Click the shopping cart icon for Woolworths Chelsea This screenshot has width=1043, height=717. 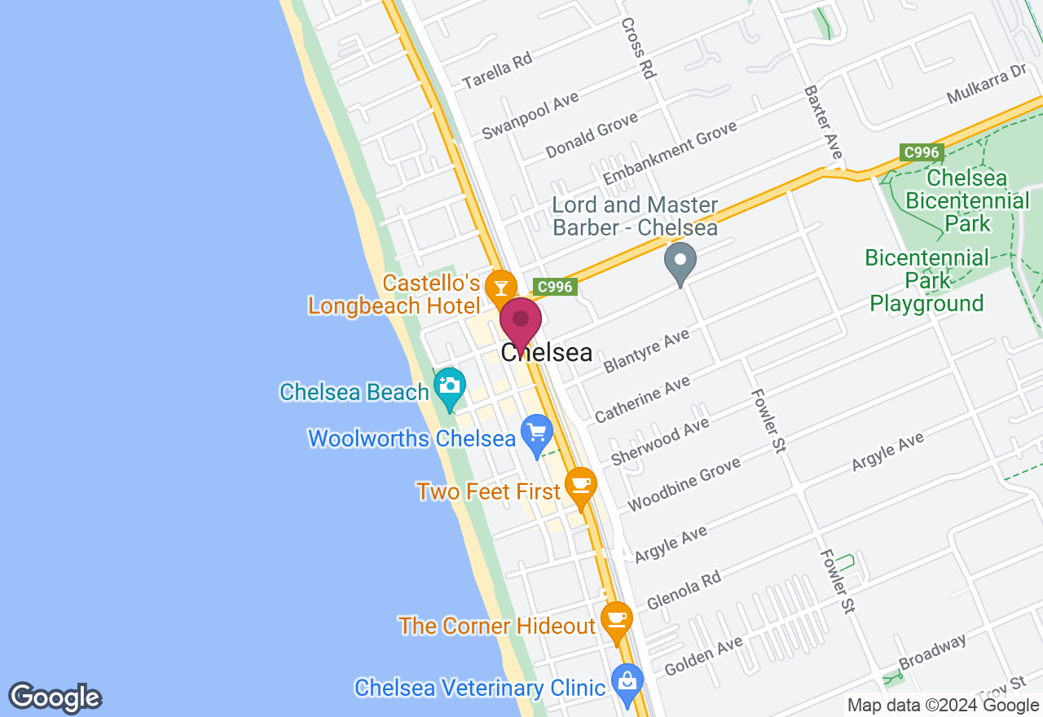point(536,432)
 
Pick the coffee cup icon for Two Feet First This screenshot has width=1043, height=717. point(580,485)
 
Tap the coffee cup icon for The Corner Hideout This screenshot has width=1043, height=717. point(616,618)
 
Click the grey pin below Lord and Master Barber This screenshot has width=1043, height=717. point(680,262)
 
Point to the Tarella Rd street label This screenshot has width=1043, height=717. point(496,70)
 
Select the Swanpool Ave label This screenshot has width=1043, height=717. point(530,115)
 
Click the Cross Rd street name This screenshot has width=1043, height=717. point(638,48)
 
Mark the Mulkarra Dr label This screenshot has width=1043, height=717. point(986,85)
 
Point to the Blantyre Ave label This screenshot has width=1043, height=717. point(646,351)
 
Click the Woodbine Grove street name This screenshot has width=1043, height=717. point(684,484)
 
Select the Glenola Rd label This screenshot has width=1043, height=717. point(684,590)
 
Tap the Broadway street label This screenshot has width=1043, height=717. point(932,652)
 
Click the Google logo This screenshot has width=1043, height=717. point(55,698)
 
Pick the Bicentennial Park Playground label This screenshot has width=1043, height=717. point(926,281)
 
